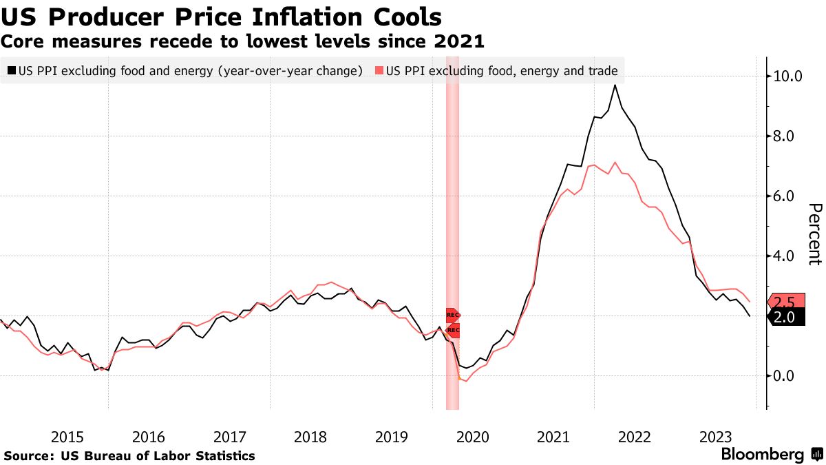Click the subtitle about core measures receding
pyautogui.click(x=242, y=41)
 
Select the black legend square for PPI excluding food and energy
pyautogui.click(x=12, y=70)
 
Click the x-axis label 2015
pyautogui.click(x=67, y=437)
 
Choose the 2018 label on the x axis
pyautogui.click(x=310, y=437)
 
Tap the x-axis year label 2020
pyautogui.click(x=472, y=437)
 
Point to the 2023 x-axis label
pyautogui.click(x=715, y=437)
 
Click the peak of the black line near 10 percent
pyautogui.click(x=615, y=85)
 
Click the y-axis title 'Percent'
pyautogui.click(x=814, y=234)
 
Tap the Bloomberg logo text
pyautogui.click(x=762, y=455)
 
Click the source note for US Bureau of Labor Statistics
pyautogui.click(x=129, y=456)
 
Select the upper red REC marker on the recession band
pyautogui.click(x=452, y=315)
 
